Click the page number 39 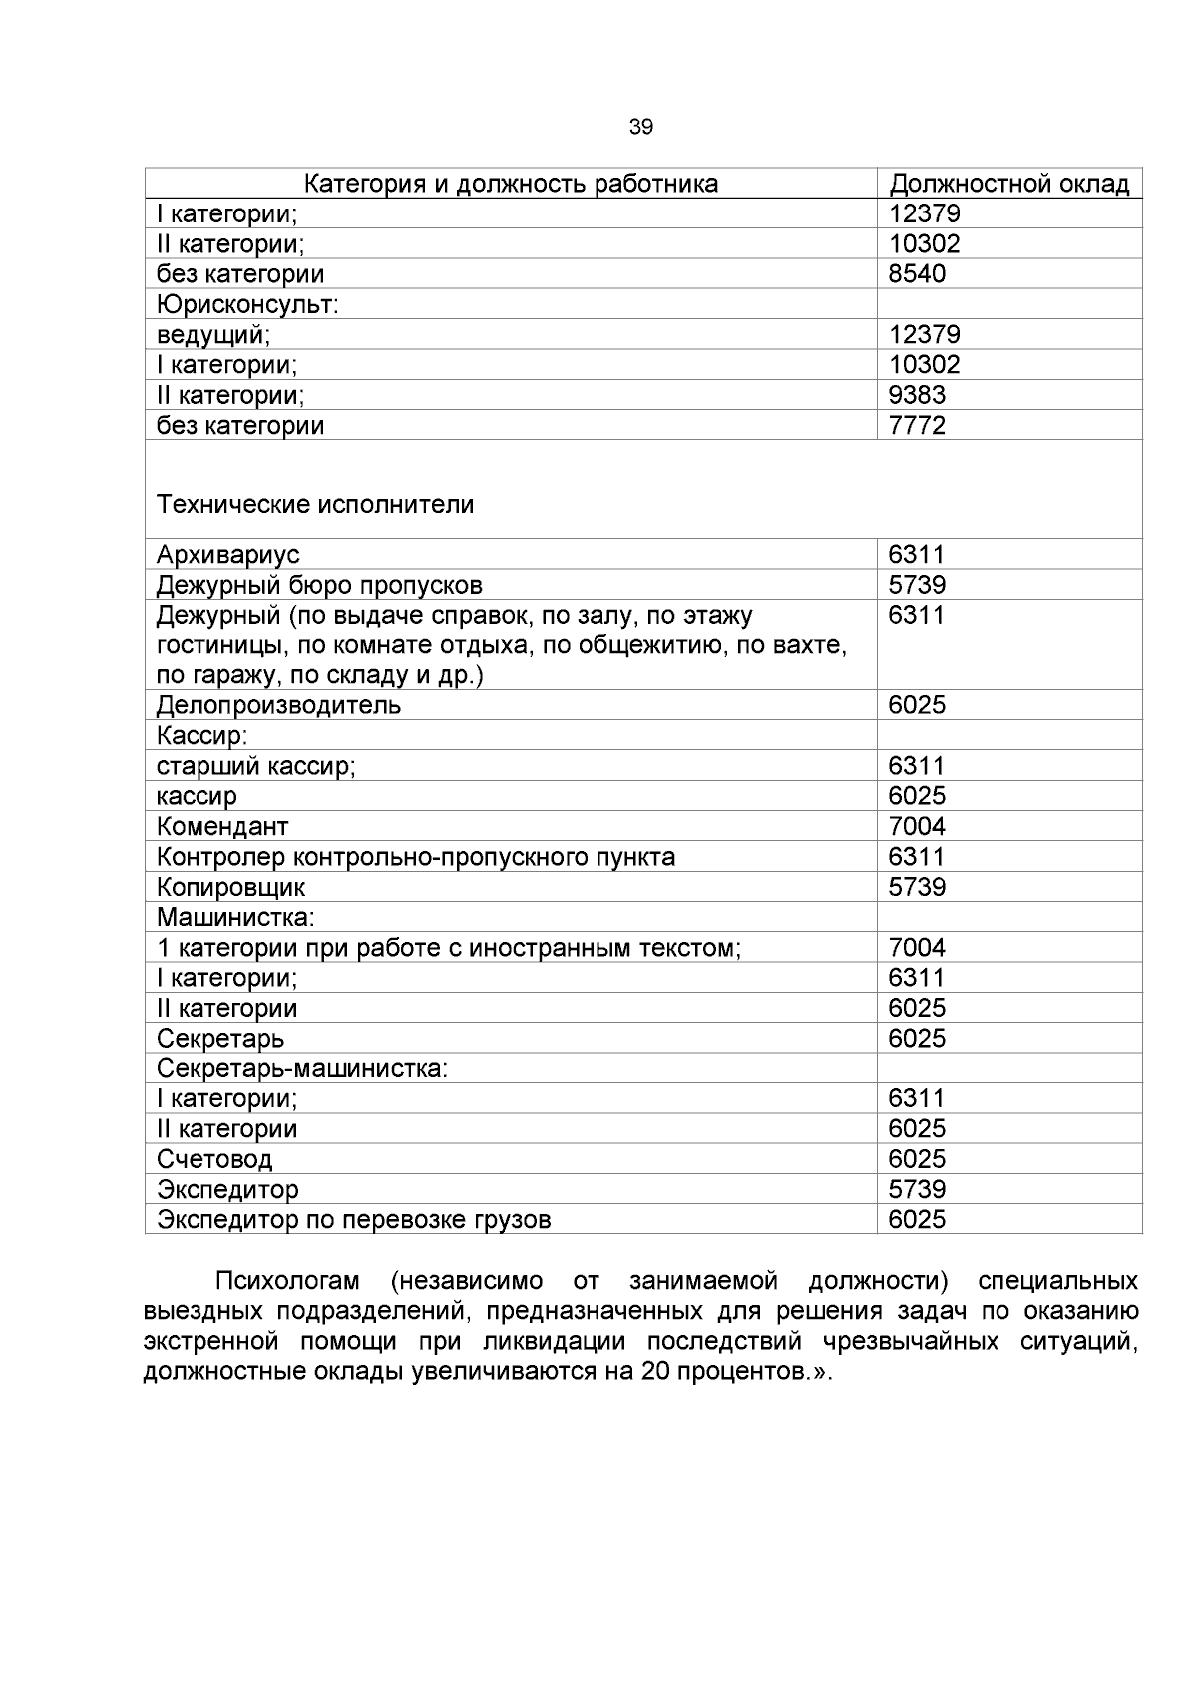point(641,127)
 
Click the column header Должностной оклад point(1008,184)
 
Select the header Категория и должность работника point(511,184)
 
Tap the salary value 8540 point(917,274)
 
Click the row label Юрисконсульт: point(247,304)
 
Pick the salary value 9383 point(917,395)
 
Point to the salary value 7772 point(917,426)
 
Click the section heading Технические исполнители point(315,505)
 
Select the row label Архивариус point(227,555)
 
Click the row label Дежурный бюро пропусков point(319,585)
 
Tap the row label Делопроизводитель point(278,705)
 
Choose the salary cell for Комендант point(917,826)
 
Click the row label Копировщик point(230,887)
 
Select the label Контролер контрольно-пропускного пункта point(415,857)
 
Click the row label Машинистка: point(235,917)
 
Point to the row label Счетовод point(214,1159)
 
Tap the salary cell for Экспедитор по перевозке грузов point(917,1219)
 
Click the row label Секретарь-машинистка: point(302,1068)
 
